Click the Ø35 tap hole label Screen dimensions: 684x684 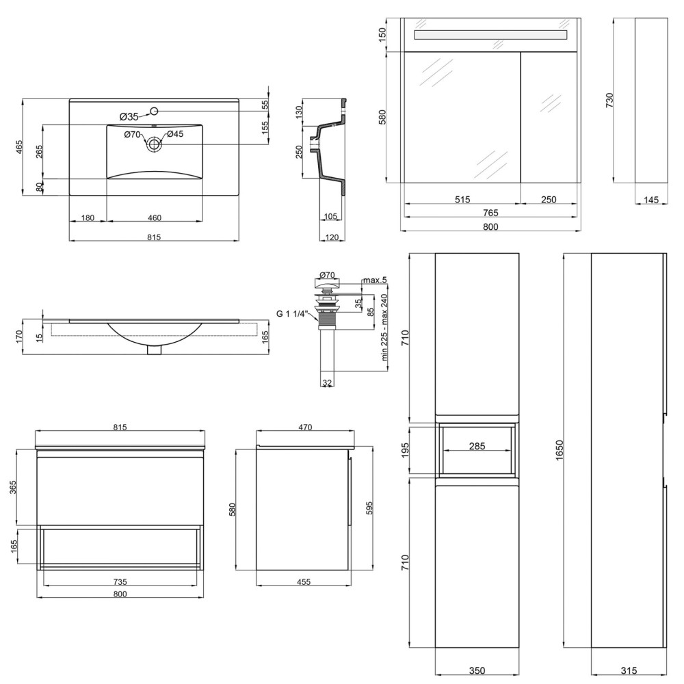[x=129, y=116]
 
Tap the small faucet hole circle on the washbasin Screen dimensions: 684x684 [x=153, y=111]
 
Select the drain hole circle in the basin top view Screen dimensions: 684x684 [x=153, y=144]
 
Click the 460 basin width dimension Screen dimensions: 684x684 [x=155, y=218]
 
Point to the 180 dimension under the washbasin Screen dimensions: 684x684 [x=88, y=218]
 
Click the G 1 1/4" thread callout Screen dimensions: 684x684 [x=292, y=313]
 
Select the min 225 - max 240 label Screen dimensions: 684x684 [x=384, y=327]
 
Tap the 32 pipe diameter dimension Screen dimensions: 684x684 [x=327, y=382]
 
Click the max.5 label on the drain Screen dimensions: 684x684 [x=375, y=280]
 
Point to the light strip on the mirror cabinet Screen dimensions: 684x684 [x=490, y=35]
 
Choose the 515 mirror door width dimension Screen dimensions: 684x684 [x=462, y=199]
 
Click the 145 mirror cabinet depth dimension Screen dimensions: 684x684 [x=651, y=200]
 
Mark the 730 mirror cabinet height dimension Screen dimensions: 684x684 [x=609, y=100]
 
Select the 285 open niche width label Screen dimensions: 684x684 [x=477, y=446]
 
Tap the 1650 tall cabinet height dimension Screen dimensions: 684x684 [x=560, y=450]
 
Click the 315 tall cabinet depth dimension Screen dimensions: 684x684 [x=629, y=670]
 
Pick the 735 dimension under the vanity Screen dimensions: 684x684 [x=120, y=581]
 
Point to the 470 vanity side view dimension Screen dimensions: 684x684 [x=305, y=427]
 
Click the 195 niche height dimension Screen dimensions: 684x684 [x=405, y=450]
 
